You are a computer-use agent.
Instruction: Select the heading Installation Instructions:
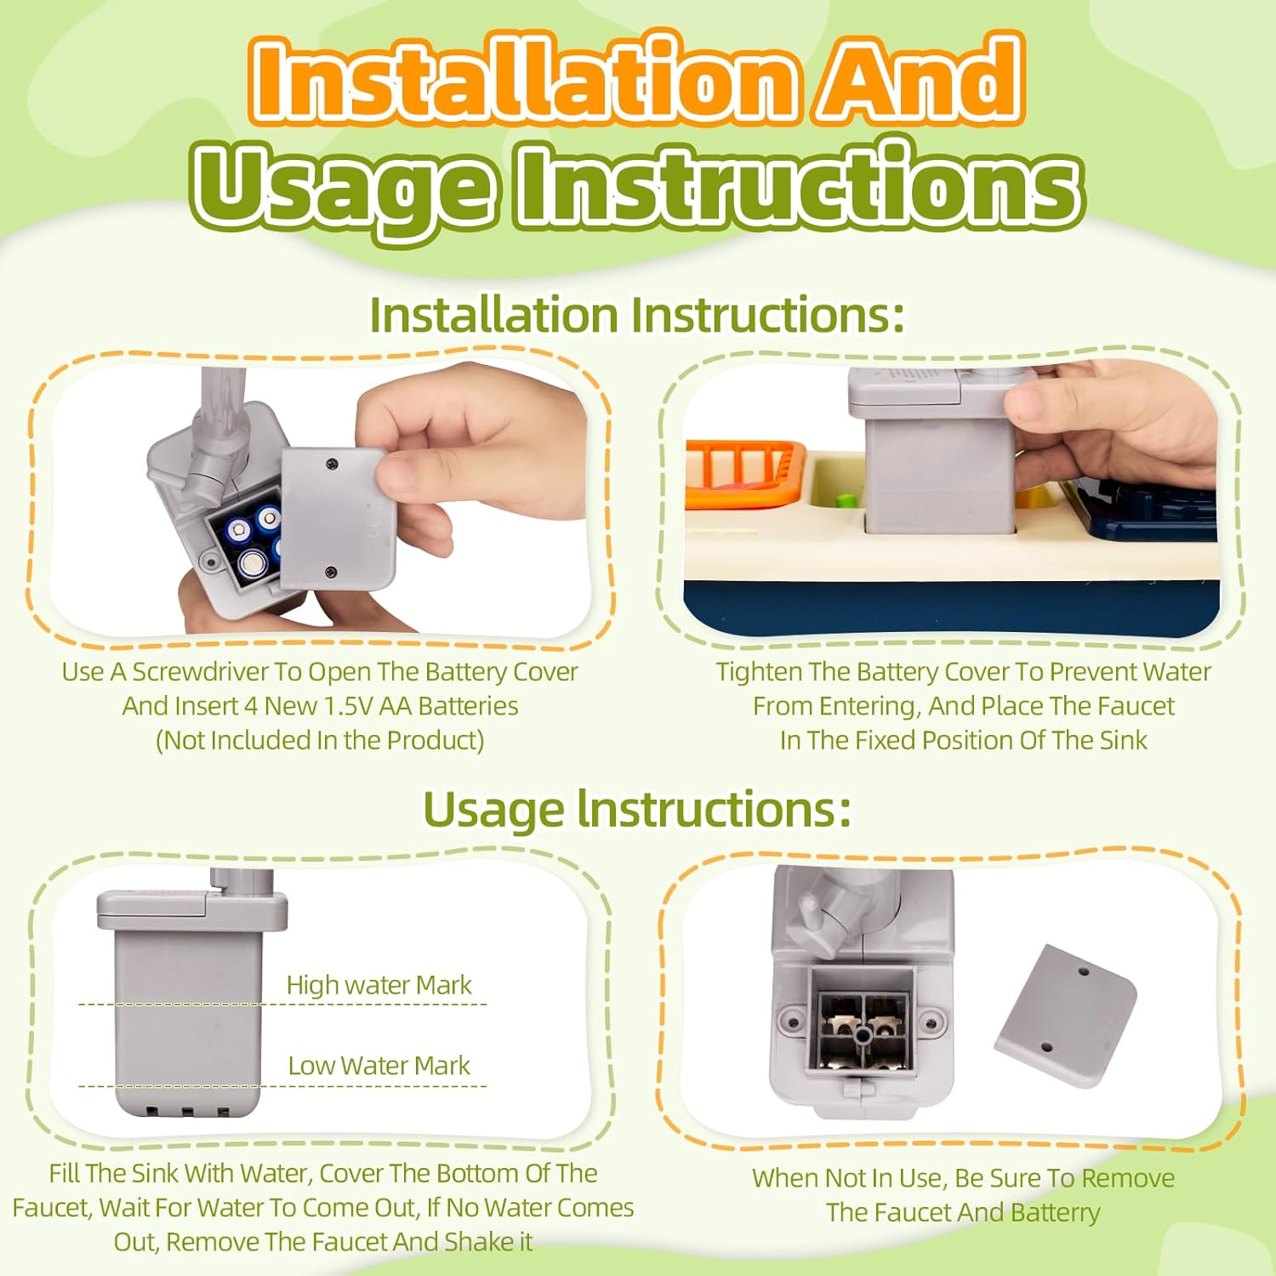[637, 315]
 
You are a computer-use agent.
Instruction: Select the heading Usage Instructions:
[637, 810]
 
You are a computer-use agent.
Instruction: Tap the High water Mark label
[379, 985]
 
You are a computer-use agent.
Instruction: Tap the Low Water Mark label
[379, 1065]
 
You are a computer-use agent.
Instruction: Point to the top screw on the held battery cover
[333, 464]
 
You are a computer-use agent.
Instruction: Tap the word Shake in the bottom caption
[476, 1242]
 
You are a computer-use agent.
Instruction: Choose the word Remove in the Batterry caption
[1128, 1179]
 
